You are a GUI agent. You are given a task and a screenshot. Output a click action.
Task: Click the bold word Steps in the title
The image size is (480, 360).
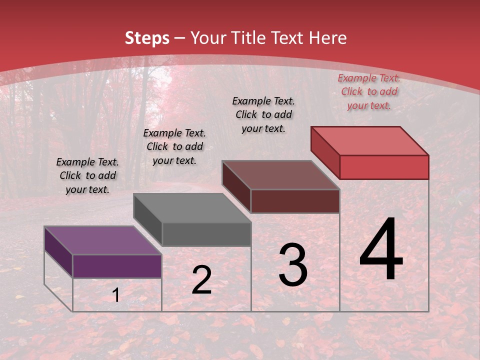click(x=147, y=38)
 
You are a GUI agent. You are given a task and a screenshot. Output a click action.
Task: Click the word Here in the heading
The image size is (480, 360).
click(x=328, y=38)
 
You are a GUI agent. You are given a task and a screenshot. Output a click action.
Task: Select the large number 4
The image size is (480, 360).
click(x=381, y=250)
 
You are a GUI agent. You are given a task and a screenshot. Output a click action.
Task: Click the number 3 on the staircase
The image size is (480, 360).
click(x=293, y=265)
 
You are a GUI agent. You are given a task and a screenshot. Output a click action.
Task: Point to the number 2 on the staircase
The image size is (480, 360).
click(x=201, y=280)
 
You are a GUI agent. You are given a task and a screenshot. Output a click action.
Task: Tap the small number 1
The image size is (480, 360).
click(x=116, y=295)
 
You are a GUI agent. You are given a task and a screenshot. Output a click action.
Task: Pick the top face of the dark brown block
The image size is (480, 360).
click(x=280, y=175)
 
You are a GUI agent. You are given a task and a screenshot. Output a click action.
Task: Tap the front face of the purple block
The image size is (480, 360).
click(x=117, y=266)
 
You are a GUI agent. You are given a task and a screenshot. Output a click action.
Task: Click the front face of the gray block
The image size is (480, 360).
click(x=206, y=234)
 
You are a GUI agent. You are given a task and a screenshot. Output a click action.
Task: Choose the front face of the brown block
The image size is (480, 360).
click(x=295, y=201)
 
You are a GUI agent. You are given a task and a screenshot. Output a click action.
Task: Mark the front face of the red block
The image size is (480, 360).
click(x=384, y=167)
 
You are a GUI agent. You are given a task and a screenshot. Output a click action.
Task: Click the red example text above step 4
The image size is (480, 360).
click(x=369, y=91)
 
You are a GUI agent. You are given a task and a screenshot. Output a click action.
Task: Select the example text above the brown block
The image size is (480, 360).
click(x=263, y=114)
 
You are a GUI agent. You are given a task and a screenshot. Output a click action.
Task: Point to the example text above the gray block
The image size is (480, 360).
click(x=174, y=146)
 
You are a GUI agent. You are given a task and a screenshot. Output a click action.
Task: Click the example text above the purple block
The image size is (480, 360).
click(x=87, y=175)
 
